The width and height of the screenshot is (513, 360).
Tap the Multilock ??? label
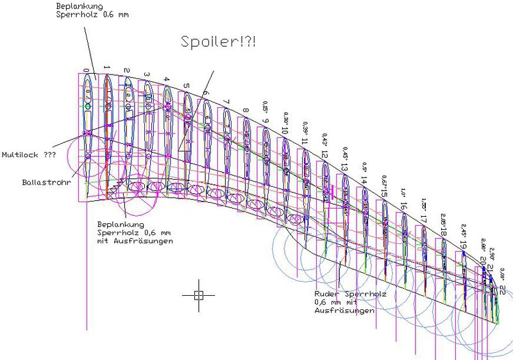tap(27, 155)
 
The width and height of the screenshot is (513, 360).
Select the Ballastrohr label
tap(42, 182)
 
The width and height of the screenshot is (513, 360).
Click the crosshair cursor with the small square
tap(198, 295)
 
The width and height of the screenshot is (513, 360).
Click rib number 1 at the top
tap(106, 67)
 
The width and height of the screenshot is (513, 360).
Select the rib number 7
tap(226, 101)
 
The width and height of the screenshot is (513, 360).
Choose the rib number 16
tap(403, 206)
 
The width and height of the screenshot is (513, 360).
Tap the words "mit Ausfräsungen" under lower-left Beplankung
tap(135, 241)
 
